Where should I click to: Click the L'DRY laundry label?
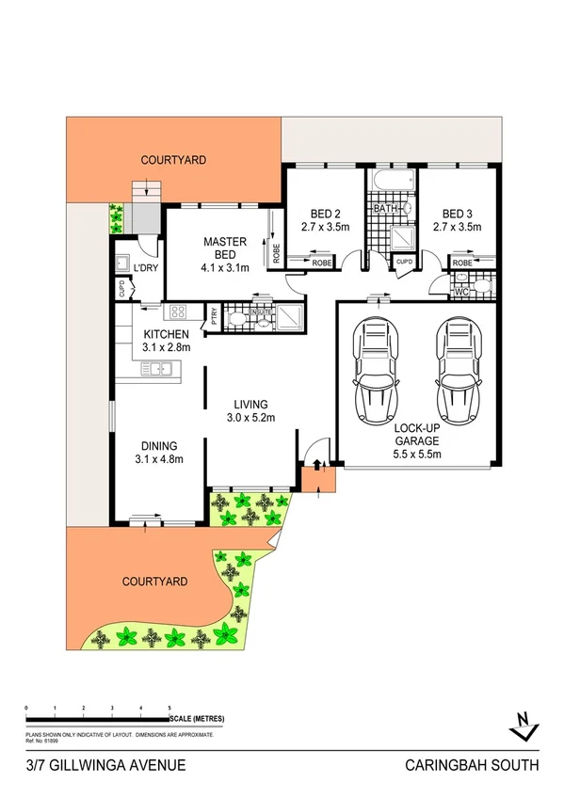(x=146, y=269)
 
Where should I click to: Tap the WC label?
(x=461, y=292)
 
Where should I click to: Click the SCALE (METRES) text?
(x=198, y=720)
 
